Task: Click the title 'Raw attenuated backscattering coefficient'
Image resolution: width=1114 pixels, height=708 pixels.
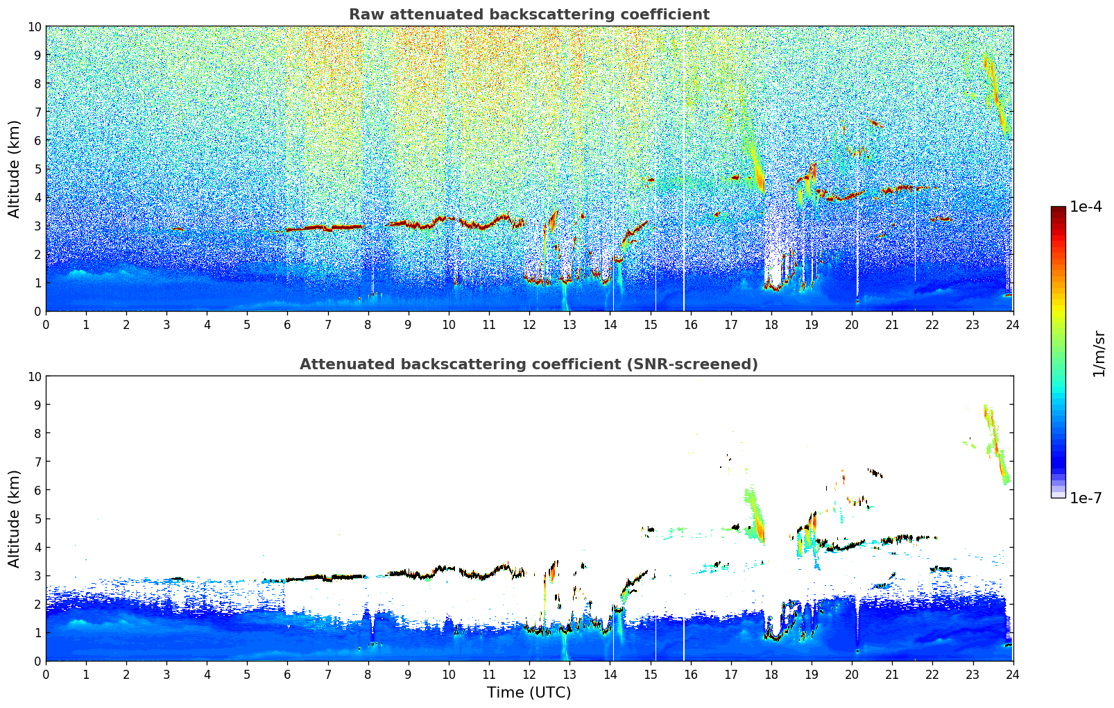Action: tap(529, 15)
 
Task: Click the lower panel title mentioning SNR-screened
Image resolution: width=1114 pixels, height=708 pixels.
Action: tap(529, 364)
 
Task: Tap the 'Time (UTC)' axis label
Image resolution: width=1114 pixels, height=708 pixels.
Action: tap(529, 693)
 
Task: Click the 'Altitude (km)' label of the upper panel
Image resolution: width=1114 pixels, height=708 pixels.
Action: tap(15, 169)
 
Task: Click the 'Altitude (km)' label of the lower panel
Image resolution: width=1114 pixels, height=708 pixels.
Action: tap(15, 519)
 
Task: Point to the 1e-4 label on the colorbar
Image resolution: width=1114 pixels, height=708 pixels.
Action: tap(1086, 207)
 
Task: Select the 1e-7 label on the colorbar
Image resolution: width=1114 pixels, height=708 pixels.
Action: tap(1086, 498)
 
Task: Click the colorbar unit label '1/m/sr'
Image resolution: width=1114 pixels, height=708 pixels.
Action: tap(1099, 352)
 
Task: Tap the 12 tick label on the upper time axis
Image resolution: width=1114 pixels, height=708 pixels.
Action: tap(529, 324)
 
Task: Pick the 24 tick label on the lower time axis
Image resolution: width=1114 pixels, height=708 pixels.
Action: tap(1013, 674)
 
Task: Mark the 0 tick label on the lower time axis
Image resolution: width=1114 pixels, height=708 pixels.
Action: tap(46, 674)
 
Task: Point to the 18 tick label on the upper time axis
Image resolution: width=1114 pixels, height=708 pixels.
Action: tap(771, 324)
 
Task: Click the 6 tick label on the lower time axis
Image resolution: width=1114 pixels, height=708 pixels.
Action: tap(288, 674)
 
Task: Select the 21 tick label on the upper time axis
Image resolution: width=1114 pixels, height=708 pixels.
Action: tap(892, 324)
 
